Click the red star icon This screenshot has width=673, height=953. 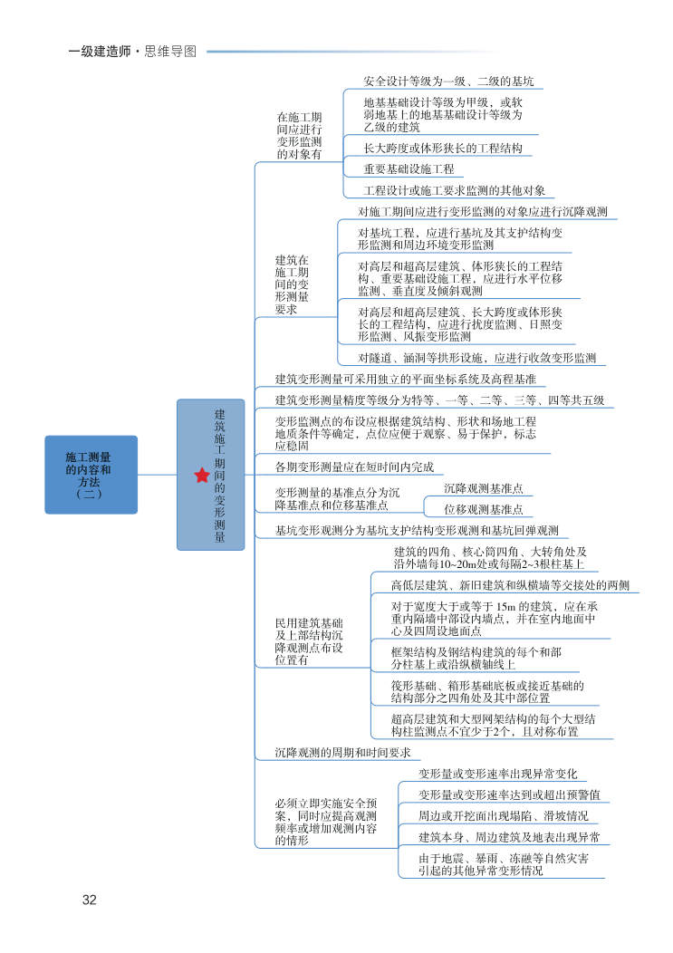[201, 475]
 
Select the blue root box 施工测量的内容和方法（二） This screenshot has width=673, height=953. [91, 475]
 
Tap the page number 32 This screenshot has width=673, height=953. [89, 900]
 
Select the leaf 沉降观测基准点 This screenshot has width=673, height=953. [483, 487]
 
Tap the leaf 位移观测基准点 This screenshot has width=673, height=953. [483, 510]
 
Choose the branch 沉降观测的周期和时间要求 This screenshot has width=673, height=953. [343, 753]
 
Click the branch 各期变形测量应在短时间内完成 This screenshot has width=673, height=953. [354, 467]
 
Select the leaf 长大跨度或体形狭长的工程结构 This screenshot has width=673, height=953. [442, 148]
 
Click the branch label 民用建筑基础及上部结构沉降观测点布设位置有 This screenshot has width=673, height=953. [310, 641]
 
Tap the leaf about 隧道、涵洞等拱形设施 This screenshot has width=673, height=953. [476, 358]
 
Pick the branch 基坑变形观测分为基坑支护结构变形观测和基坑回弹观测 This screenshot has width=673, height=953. [416, 531]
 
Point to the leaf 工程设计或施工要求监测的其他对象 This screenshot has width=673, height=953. [454, 191]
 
